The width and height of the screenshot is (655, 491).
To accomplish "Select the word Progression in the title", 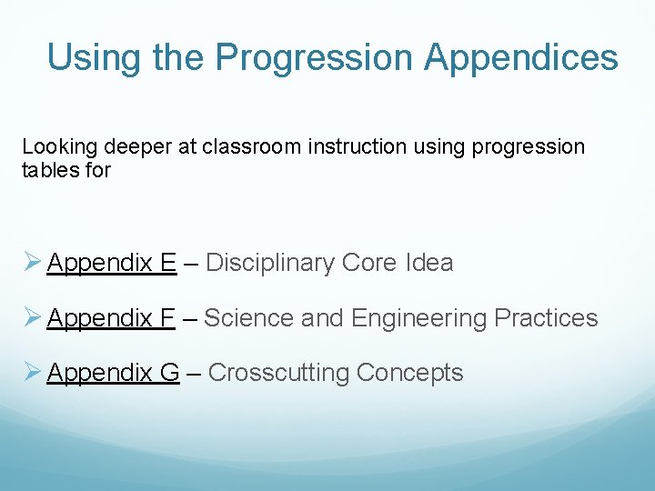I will pos(315,58).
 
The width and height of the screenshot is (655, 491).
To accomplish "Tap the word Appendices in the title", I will pos(521,58).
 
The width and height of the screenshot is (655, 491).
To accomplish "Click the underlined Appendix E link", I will pos(111,264).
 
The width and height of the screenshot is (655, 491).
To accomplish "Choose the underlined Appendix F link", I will pos(110,318).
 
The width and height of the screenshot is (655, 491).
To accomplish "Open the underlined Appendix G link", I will pos(113,373).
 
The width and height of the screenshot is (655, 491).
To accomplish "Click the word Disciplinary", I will pos(270,264).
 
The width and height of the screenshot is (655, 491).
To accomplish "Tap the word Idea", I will pos(429,264).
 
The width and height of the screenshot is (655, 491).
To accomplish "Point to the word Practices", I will pos(546,318).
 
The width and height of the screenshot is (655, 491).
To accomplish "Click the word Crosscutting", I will pos(279,373).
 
